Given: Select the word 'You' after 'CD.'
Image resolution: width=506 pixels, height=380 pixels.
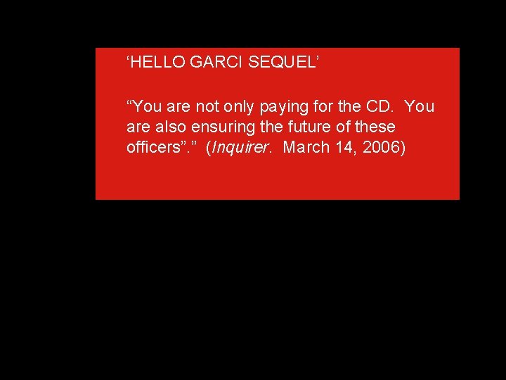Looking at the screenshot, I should click(x=420, y=107).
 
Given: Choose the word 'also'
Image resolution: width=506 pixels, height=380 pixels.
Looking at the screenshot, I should click(x=167, y=128).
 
